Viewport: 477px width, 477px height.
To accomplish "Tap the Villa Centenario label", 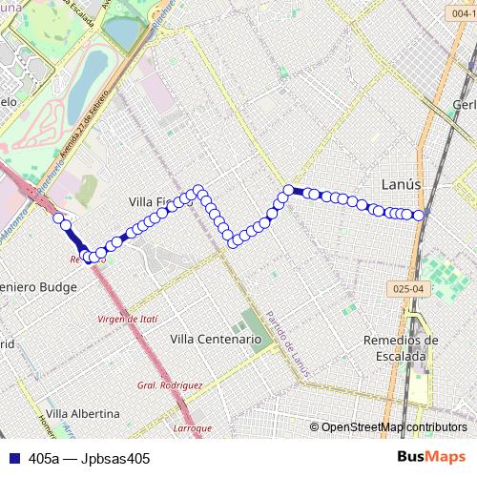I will (215, 339).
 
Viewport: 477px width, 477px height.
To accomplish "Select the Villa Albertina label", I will (83, 414).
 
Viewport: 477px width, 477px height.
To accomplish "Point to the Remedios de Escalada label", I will (401, 347).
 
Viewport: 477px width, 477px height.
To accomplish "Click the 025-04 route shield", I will (404, 287).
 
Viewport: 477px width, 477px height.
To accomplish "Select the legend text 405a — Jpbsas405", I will (90, 458).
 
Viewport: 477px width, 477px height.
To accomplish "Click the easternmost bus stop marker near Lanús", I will (419, 215).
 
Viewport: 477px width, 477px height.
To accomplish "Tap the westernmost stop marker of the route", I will (58, 218).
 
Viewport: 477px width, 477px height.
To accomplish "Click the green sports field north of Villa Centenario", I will (250, 322).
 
